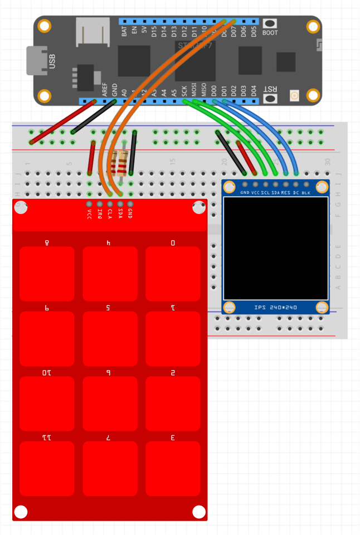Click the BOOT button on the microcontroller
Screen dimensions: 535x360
pos(270,24)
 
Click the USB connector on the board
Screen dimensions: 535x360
pos(37,60)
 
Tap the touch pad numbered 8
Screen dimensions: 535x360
pos(47,274)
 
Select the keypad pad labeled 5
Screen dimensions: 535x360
pos(110,338)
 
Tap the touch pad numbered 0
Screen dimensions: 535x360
pos(173,274)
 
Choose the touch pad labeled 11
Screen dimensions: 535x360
pos(47,468)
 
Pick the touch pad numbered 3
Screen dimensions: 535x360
pos(173,468)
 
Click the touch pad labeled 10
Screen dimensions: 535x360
pos(47,403)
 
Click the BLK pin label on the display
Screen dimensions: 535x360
pos(306,193)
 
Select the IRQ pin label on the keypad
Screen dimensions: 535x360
pos(100,213)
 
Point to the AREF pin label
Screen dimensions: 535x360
pos(105,91)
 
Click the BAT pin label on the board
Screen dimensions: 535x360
pos(124,31)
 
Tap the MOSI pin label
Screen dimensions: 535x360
pos(193,91)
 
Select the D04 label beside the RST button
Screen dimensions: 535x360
pos(254,91)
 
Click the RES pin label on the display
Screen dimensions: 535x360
pos(286,193)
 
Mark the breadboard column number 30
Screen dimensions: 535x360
pos(328,162)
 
